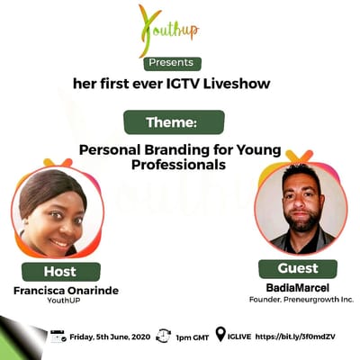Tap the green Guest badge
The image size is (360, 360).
click(x=297, y=268)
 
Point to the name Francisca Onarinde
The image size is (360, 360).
click(x=59, y=291)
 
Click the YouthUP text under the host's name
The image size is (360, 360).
click(x=60, y=302)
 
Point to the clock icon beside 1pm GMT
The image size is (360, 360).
click(x=163, y=336)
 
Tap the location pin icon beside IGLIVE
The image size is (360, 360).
click(x=220, y=335)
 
